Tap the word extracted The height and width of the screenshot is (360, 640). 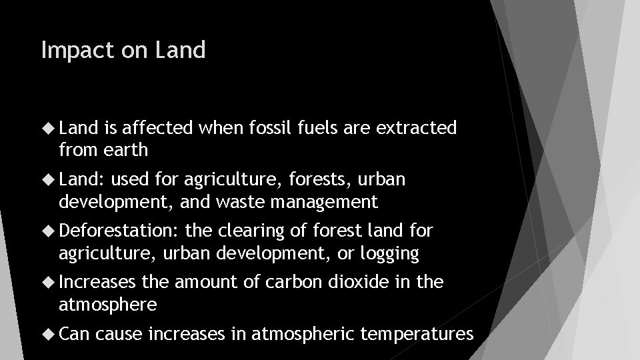418,127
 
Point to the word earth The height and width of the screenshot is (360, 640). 127,150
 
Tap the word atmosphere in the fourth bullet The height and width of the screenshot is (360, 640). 108,305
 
